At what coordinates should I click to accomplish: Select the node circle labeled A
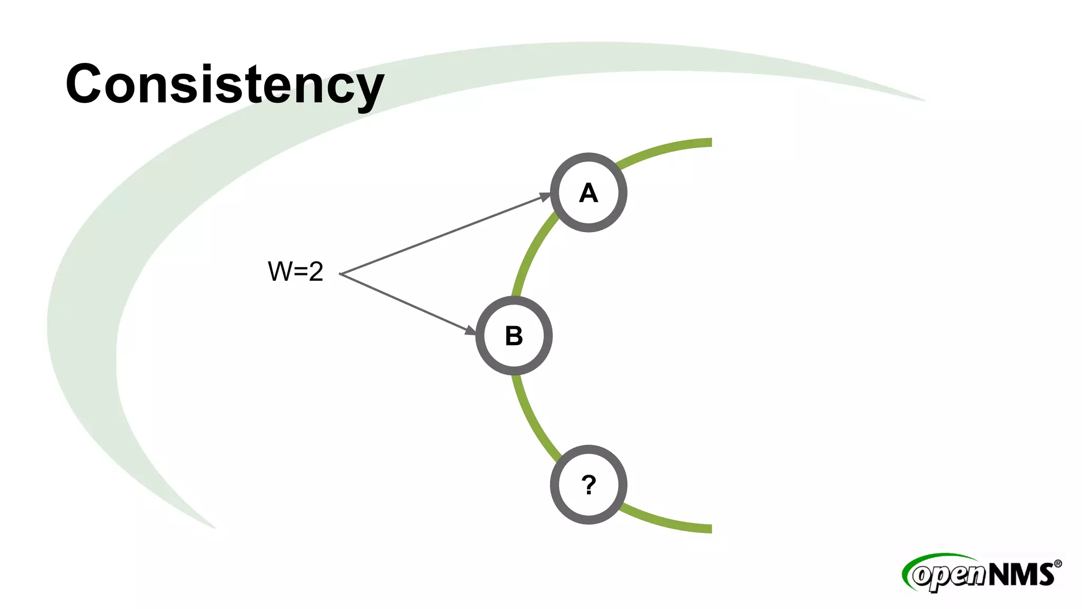589,192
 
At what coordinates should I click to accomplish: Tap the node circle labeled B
514,336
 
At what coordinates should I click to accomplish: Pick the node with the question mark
589,485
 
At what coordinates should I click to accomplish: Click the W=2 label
295,272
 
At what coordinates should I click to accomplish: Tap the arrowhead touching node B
470,330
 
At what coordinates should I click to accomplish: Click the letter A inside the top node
589,193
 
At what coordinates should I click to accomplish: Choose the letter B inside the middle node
514,336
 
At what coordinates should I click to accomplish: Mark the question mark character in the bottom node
589,485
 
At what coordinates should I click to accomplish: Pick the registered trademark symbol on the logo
1058,564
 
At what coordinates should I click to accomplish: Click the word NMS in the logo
1021,575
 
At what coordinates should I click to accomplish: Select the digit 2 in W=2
316,272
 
